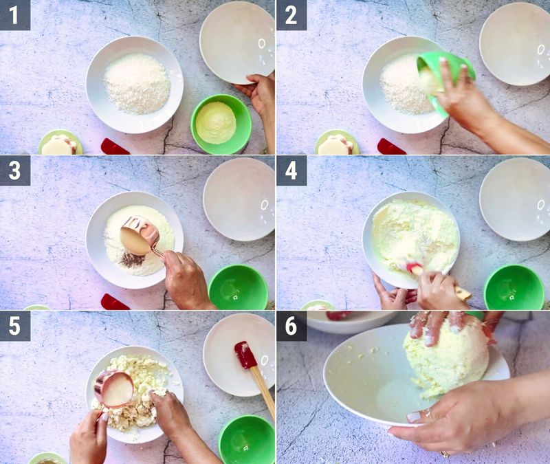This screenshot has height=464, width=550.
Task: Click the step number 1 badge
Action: coord(14,14)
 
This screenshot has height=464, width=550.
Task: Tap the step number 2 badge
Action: coord(291,14)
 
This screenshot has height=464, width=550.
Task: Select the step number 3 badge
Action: coord(14,170)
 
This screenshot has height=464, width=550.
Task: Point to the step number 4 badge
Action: coord(291,170)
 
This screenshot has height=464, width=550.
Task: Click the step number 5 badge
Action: coord(14,326)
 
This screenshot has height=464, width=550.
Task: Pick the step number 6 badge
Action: coord(291,326)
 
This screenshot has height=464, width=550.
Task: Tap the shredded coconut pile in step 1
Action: coord(137,83)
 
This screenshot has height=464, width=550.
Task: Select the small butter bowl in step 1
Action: coord(60,144)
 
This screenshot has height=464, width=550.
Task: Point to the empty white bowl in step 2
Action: coord(514,43)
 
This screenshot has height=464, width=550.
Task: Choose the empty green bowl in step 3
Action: coord(238,287)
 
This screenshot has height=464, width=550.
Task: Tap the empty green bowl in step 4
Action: coord(514,287)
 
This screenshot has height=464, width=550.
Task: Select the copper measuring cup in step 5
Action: coord(113,388)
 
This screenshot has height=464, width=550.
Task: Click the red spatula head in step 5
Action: coord(245,355)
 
